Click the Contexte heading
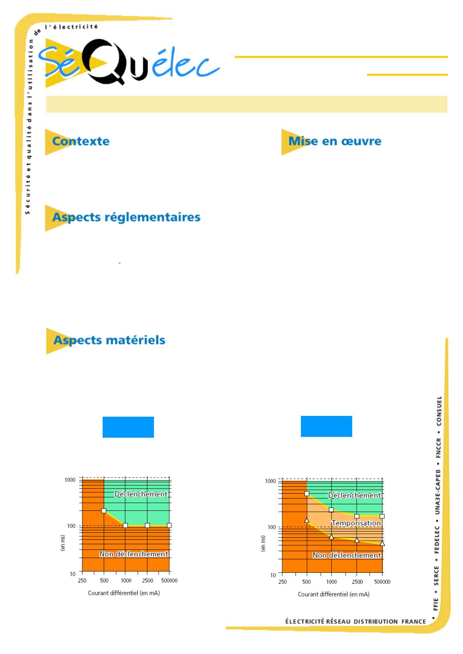[x=81, y=141]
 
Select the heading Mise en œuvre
[x=335, y=141]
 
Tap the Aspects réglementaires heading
[x=126, y=217]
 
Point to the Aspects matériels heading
[x=109, y=340]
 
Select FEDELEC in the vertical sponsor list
[x=438, y=537]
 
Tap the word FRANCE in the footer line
[x=414, y=621]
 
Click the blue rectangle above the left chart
[x=128, y=427]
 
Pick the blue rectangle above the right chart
[x=327, y=426]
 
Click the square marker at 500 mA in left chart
[x=104, y=511]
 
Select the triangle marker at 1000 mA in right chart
[x=331, y=537]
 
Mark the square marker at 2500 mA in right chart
[x=357, y=516]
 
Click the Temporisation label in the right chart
[x=356, y=523]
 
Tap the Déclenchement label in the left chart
[x=141, y=494]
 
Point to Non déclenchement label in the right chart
[x=347, y=555]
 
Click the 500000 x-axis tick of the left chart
[x=169, y=581]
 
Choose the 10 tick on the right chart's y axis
[x=273, y=575]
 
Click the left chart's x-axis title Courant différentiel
[x=124, y=593]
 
